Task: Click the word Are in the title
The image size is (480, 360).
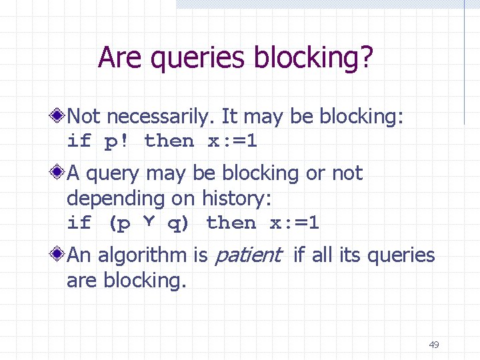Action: click(x=121, y=58)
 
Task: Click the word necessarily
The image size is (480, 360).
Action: click(x=159, y=117)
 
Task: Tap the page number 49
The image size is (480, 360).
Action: click(x=434, y=345)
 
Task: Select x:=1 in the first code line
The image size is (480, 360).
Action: click(x=232, y=141)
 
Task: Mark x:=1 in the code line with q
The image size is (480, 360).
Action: click(x=294, y=223)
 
